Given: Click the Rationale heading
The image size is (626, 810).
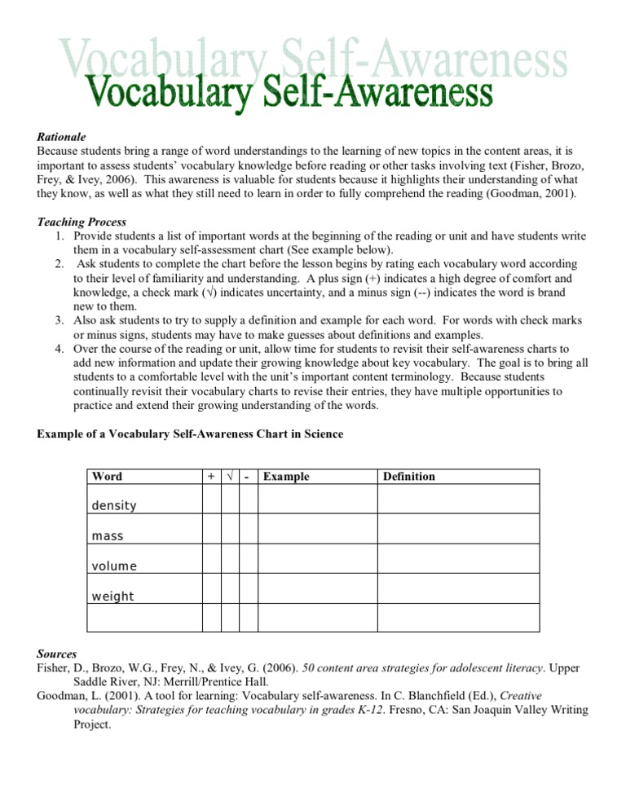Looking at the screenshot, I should pyautogui.click(x=62, y=137).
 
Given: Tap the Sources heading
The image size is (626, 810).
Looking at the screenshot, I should pyautogui.click(x=57, y=654).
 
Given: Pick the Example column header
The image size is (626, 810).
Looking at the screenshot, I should pyautogui.click(x=287, y=477).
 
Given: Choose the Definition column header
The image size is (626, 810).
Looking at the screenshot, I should pyautogui.click(x=409, y=477).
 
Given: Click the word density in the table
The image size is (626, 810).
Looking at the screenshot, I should pyautogui.click(x=114, y=506).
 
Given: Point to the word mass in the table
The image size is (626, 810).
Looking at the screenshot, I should pyautogui.click(x=108, y=536).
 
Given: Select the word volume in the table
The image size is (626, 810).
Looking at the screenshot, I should pyautogui.click(x=114, y=566).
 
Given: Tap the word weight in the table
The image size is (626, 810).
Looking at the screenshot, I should pyautogui.click(x=112, y=596).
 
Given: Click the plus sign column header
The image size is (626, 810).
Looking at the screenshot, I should pyautogui.click(x=212, y=477).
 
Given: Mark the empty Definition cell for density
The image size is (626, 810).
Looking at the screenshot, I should pyautogui.click(x=457, y=499).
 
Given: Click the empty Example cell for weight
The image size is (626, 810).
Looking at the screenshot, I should pyautogui.click(x=317, y=588).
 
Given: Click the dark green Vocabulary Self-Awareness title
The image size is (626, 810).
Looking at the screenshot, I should pyautogui.click(x=289, y=92).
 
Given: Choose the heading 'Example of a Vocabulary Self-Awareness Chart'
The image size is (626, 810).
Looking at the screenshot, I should pyautogui.click(x=190, y=434).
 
